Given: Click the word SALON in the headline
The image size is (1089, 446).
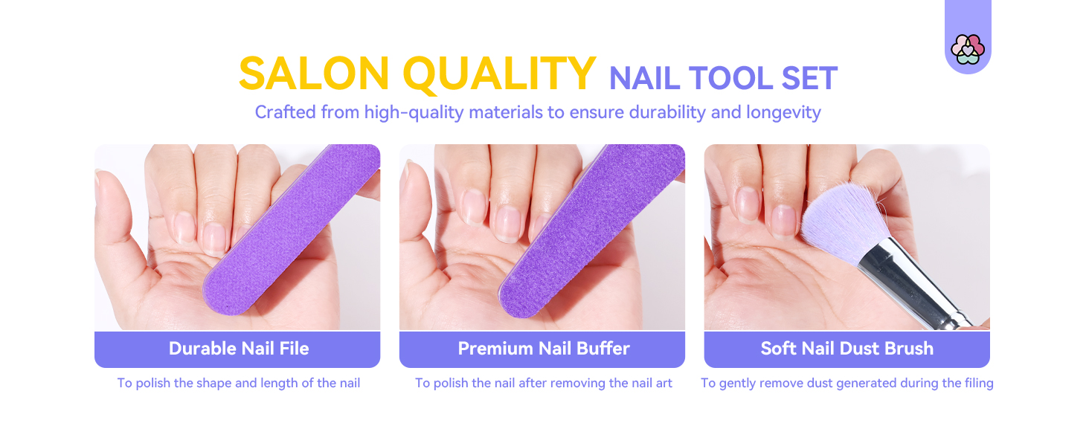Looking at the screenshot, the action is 314,74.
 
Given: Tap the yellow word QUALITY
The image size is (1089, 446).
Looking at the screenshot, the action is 499,74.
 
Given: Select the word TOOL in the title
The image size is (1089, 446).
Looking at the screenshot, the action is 730,78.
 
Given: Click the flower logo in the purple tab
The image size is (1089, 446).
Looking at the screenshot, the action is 968,49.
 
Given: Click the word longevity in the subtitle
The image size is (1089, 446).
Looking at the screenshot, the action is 784,113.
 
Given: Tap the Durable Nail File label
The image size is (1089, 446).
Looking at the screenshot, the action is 239,349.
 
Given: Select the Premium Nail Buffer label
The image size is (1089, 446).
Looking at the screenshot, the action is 544,349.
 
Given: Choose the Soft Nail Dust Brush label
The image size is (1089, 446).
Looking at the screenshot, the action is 847,349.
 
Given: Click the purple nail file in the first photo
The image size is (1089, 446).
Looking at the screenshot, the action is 292,228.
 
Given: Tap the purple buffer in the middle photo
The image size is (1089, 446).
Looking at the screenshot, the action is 591,230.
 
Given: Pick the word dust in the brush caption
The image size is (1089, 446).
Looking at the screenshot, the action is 820,383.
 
